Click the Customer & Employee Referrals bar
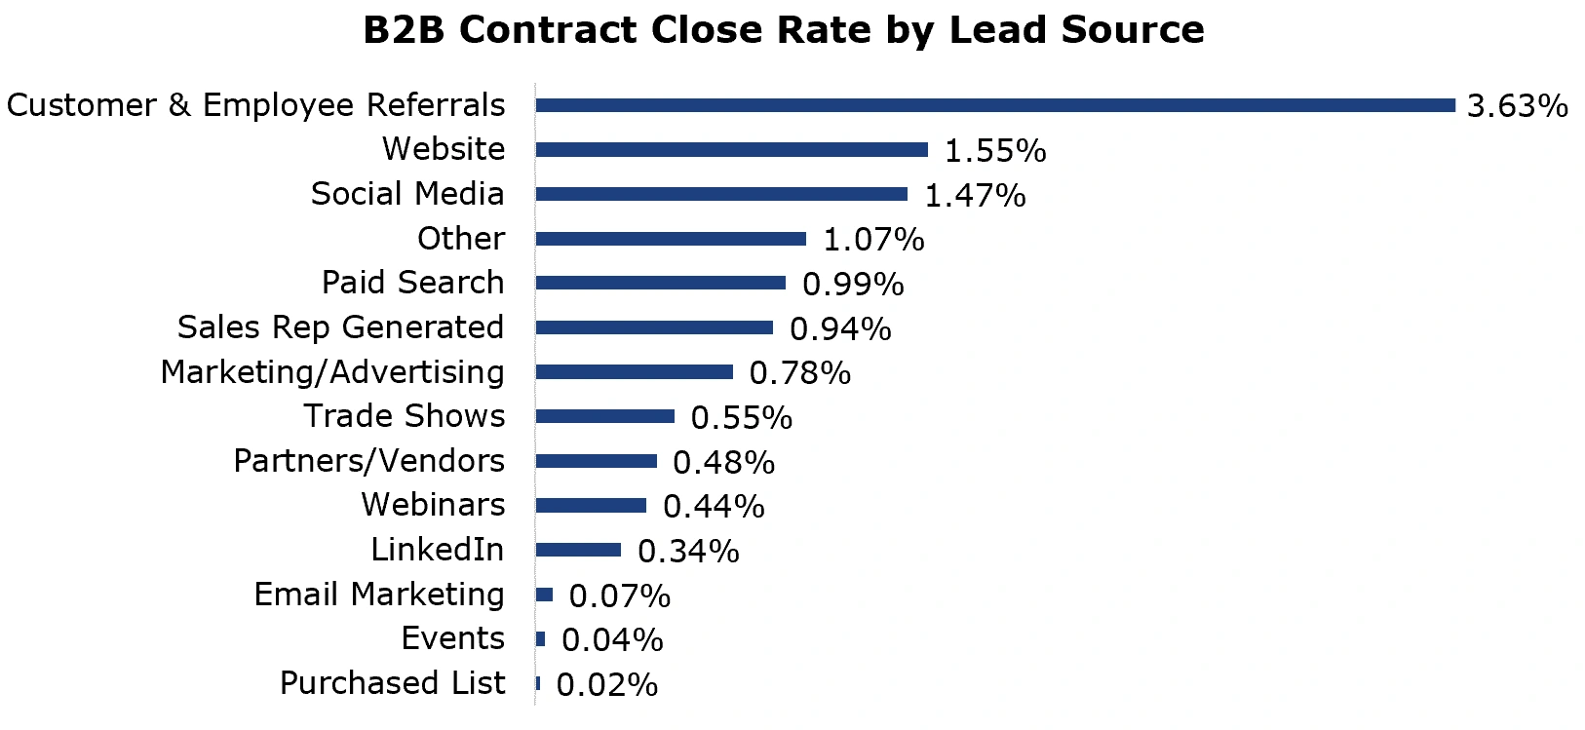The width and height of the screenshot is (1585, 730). point(994,105)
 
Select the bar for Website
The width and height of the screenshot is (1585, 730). point(731,150)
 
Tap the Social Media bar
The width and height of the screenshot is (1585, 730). point(721,194)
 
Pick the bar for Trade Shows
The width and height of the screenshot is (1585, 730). point(604,416)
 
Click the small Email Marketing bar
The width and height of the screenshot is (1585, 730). point(544,595)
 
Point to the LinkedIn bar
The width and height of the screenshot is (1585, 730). point(578,551)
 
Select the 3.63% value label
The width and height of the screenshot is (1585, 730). point(1517,106)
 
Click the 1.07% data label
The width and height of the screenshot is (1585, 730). point(873,240)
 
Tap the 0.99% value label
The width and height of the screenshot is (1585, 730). point(853,285)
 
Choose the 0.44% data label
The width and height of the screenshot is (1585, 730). point(714,507)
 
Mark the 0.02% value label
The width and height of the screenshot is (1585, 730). point(606,685)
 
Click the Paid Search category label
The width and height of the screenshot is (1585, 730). point(413,283)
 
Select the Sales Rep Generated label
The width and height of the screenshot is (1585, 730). point(340,327)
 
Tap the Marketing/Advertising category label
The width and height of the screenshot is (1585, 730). point(332,372)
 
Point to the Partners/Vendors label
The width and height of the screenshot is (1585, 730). point(368,461)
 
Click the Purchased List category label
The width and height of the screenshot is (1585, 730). point(392,683)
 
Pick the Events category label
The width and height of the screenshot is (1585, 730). point(452,638)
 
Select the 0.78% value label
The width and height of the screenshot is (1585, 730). point(799,373)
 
